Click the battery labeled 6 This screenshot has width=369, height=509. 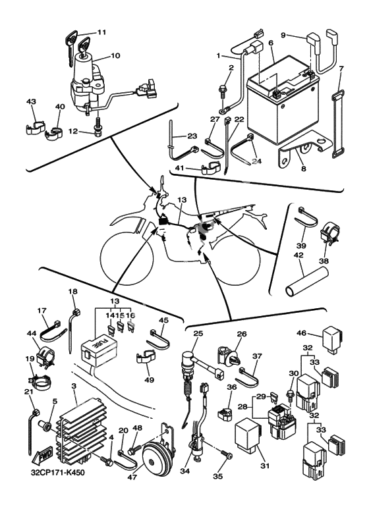pyautogui.click(x=283, y=101)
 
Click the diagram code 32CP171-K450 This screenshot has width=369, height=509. pyautogui.click(x=58, y=473)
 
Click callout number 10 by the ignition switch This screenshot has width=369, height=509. pyautogui.click(x=115, y=55)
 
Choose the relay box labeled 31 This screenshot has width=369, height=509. pyautogui.click(x=248, y=436)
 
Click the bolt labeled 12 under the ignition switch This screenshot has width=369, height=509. pyautogui.click(x=97, y=126)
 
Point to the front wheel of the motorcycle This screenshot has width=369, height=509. pyautogui.click(x=127, y=257)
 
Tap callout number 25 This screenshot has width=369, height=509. pyautogui.click(x=198, y=333)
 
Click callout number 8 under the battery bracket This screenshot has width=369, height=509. pyautogui.click(x=304, y=169)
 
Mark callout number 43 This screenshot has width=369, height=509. pyautogui.click(x=31, y=102)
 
